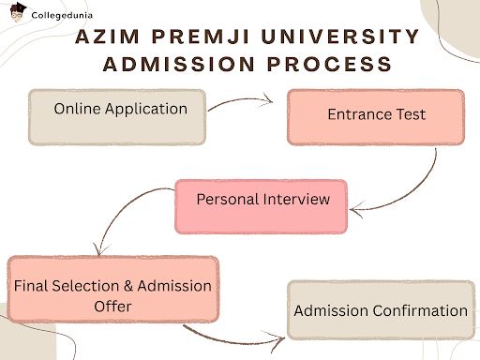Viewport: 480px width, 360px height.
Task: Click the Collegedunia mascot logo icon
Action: pyautogui.click(x=15, y=15)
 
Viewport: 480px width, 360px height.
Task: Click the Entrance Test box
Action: pyautogui.click(x=375, y=116)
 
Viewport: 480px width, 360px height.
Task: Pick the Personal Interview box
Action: pyautogui.click(x=262, y=205)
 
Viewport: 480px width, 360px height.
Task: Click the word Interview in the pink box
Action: pyautogui.click(x=297, y=200)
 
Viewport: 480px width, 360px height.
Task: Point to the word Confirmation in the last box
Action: pyautogui.click(x=417, y=310)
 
